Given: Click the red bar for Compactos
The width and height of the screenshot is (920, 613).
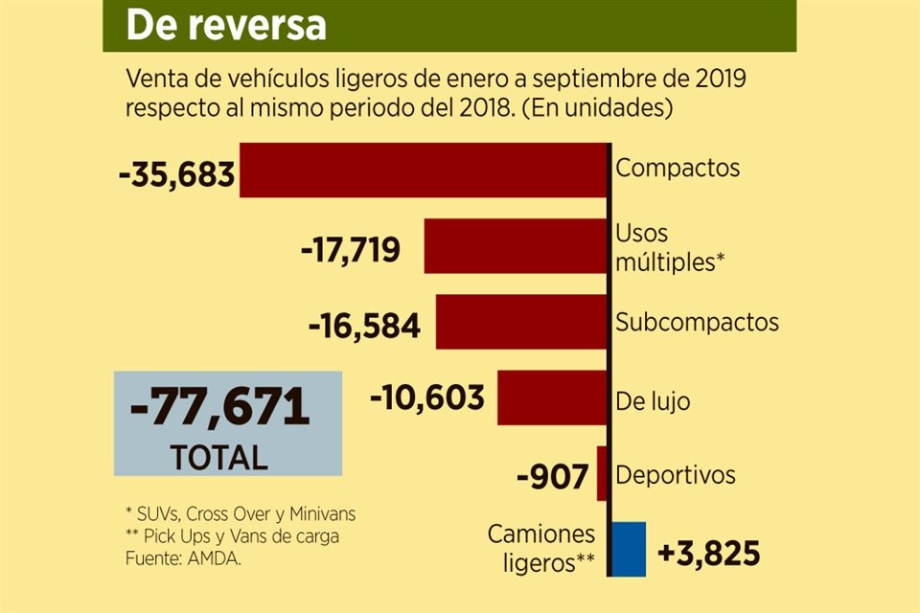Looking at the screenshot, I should coord(423,170).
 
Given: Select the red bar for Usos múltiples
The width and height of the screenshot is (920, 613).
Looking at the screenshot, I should coord(516,246).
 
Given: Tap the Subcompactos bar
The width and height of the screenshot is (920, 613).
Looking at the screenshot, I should coord(521,322).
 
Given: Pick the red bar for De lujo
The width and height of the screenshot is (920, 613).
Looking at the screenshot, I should coord(552,397).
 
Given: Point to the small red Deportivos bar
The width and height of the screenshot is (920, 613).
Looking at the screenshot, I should coord(602,473).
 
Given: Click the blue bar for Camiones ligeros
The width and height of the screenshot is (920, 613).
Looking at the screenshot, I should coord(628,549).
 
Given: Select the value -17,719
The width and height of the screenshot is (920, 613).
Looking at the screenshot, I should coord(350,251).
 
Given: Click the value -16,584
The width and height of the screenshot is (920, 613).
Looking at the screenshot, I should coord(364,327).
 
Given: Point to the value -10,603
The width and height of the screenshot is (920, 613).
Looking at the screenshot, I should coord(427,397).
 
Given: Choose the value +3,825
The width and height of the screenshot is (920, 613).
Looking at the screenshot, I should coord(709,553).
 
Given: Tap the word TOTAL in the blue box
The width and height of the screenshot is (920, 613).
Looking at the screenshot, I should coord(219,457).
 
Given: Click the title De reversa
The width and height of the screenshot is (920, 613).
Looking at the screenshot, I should coord(225,26).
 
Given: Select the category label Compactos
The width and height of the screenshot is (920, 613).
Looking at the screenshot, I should coord(678,168).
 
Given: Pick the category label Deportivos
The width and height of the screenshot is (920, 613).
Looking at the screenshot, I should coord(676,474).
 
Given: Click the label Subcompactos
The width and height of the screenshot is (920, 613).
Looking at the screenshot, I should coord(697,321).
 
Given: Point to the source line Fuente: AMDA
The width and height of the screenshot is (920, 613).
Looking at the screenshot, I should coord(183,558).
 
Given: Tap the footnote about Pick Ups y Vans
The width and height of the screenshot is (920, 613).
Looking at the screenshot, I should coord(232,536).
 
